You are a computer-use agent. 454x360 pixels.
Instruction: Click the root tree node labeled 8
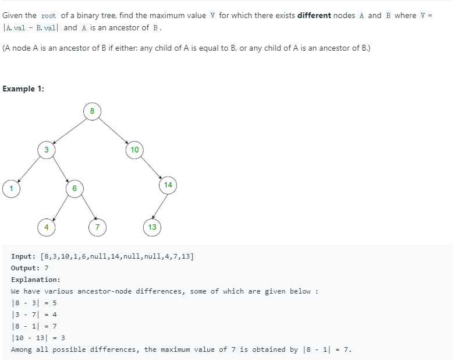click(x=92, y=111)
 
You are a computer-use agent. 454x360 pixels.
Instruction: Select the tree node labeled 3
click(x=46, y=150)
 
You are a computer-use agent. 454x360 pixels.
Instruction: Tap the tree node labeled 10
click(x=134, y=150)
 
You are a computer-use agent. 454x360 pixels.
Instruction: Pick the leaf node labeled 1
click(x=10, y=188)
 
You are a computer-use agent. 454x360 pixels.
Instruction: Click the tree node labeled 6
click(x=75, y=188)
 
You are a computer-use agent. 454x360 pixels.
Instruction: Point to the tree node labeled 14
click(x=168, y=185)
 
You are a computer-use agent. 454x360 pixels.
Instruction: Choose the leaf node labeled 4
click(x=46, y=227)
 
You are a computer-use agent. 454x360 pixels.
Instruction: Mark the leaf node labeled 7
click(x=97, y=227)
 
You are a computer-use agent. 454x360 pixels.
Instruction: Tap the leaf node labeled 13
click(x=152, y=227)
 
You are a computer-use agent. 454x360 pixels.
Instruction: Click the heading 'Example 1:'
click(x=23, y=89)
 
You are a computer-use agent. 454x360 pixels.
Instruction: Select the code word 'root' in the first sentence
click(x=48, y=16)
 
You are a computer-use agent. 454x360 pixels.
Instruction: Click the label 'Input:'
click(x=23, y=256)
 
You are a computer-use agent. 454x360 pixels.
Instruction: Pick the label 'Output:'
click(x=26, y=268)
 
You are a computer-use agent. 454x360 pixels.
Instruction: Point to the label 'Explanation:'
click(x=36, y=280)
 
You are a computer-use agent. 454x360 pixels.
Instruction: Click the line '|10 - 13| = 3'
click(x=38, y=338)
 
